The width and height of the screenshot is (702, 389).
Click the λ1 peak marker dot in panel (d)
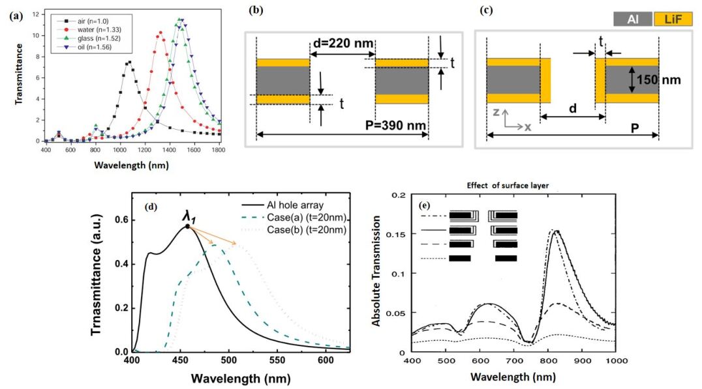coord(187,226)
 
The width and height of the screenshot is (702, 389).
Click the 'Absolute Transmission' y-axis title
coord(376,277)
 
